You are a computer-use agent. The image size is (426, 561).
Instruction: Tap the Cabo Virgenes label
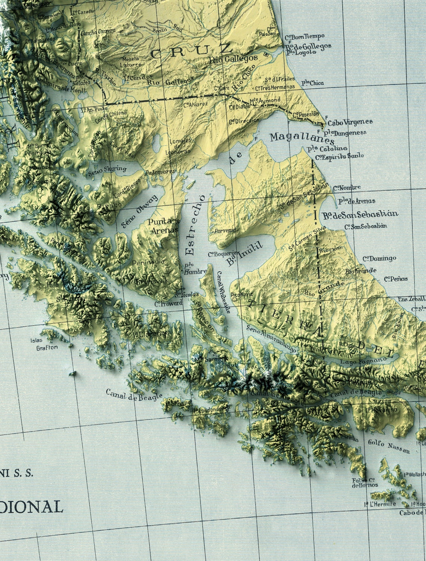point(350,122)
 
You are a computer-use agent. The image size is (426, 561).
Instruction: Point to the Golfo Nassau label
point(389,446)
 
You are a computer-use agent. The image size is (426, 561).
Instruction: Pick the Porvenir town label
point(225,231)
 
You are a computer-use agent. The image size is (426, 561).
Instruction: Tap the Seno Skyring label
point(107,171)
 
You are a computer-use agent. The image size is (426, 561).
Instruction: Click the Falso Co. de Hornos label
point(365,482)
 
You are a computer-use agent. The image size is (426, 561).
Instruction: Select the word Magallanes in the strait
point(302,138)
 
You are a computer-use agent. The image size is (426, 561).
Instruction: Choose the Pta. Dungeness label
point(345,133)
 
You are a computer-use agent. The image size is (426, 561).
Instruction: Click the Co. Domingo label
point(379,258)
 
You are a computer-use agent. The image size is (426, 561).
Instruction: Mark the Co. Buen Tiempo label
point(305,37)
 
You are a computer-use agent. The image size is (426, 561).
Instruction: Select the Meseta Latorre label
point(131,61)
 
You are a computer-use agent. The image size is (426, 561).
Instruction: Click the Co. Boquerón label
point(223,254)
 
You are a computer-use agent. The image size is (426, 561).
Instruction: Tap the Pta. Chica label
point(313,83)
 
